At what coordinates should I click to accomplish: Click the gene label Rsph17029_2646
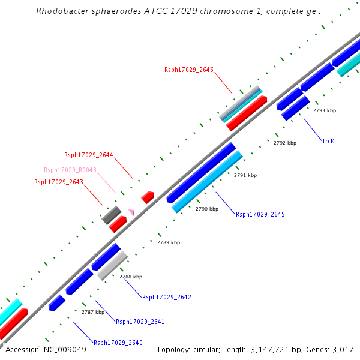(x=189, y=70)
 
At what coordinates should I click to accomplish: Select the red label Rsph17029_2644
(x=89, y=155)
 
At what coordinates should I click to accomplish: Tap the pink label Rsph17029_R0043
(x=70, y=170)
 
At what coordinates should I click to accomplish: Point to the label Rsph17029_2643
(x=59, y=182)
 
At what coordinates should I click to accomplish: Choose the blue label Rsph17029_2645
(x=260, y=214)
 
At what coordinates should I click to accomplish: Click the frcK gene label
(x=328, y=141)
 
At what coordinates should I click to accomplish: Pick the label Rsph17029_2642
(x=166, y=297)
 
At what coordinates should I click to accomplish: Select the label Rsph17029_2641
(x=140, y=322)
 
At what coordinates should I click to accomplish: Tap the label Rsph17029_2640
(x=118, y=343)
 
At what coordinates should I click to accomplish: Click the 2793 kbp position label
(x=325, y=110)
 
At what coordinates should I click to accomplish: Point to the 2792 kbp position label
(x=285, y=143)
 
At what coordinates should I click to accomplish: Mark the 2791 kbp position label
(x=245, y=176)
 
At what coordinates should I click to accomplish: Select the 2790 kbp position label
(x=207, y=209)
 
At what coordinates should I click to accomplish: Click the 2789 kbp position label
(x=169, y=242)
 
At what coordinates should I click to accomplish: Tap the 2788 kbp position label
(x=131, y=277)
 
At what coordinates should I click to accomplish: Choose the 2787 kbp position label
(x=93, y=312)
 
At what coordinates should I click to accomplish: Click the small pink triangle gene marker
(x=131, y=212)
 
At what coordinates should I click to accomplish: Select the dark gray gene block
(x=111, y=215)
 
